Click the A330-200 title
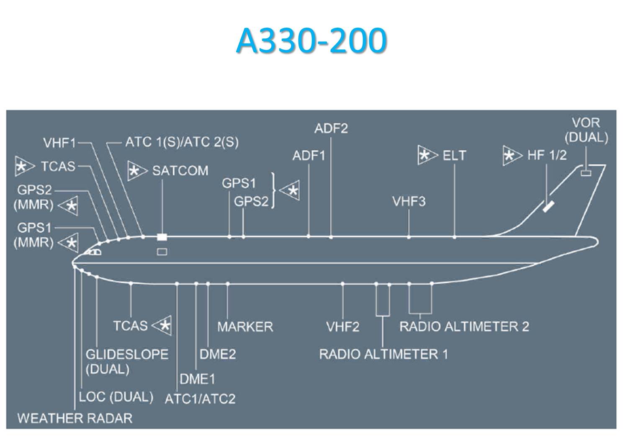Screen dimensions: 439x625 point(311,41)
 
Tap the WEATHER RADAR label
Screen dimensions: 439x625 point(75,418)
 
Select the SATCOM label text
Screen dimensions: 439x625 point(180,171)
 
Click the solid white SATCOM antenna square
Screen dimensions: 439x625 point(162,237)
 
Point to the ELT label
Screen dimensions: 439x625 point(454,156)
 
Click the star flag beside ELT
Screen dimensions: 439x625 point(426,156)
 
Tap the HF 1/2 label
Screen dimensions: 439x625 point(547,155)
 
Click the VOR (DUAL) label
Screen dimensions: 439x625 point(586,130)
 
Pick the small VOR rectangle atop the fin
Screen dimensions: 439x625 point(586,172)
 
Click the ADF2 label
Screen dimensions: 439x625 point(331,128)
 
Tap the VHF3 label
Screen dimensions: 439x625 point(409,202)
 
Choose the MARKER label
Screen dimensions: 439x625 point(245,326)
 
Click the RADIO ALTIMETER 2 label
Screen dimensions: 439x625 point(464,326)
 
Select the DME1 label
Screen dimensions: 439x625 point(197,379)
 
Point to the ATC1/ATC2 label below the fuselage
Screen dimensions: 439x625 point(200,398)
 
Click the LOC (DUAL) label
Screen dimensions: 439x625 point(116,397)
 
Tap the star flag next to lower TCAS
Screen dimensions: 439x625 point(163,325)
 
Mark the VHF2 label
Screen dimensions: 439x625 point(343,326)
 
